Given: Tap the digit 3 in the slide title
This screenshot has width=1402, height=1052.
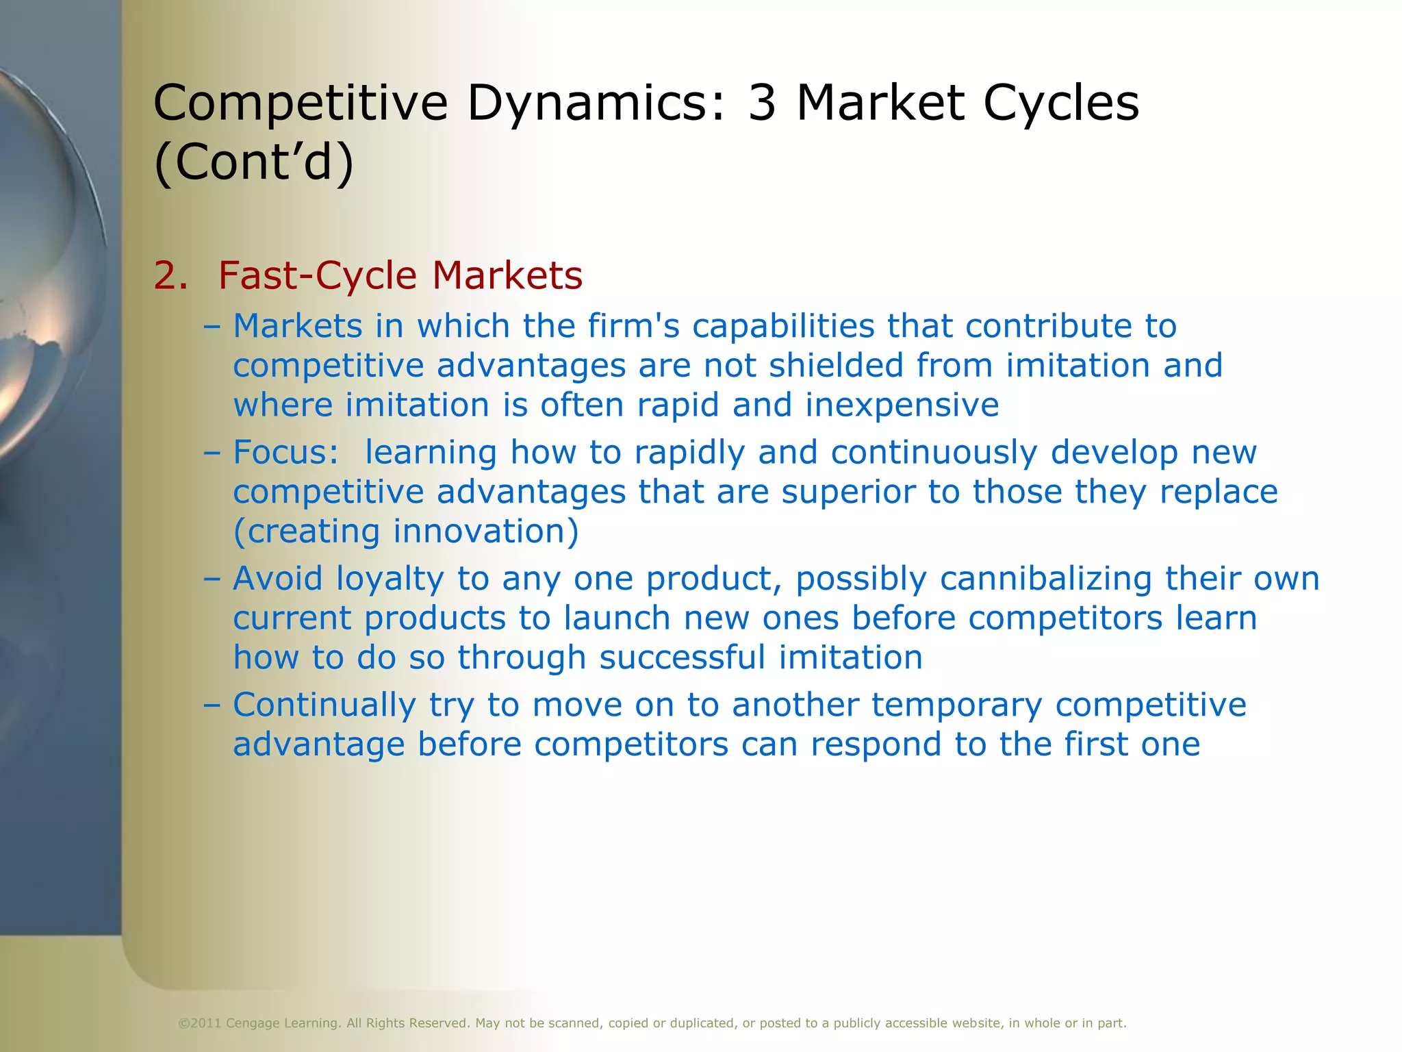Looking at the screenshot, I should (762, 103).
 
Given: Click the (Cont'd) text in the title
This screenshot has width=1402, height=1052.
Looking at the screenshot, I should (254, 162).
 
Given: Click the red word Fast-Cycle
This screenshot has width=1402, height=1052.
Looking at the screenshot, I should (317, 275).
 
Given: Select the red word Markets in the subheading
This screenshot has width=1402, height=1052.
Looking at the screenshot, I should (507, 275).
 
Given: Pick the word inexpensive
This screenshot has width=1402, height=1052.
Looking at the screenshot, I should (902, 405).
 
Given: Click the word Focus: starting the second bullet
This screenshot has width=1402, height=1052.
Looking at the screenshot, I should (286, 452).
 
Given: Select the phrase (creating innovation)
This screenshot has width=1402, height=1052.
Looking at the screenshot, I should (406, 531).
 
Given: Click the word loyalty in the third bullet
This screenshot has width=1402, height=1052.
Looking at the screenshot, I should (390, 579).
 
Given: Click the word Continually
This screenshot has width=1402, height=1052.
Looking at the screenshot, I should (324, 705).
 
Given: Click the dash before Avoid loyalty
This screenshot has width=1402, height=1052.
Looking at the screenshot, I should (212, 579).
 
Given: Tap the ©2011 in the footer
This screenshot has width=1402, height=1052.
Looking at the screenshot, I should (199, 1023).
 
